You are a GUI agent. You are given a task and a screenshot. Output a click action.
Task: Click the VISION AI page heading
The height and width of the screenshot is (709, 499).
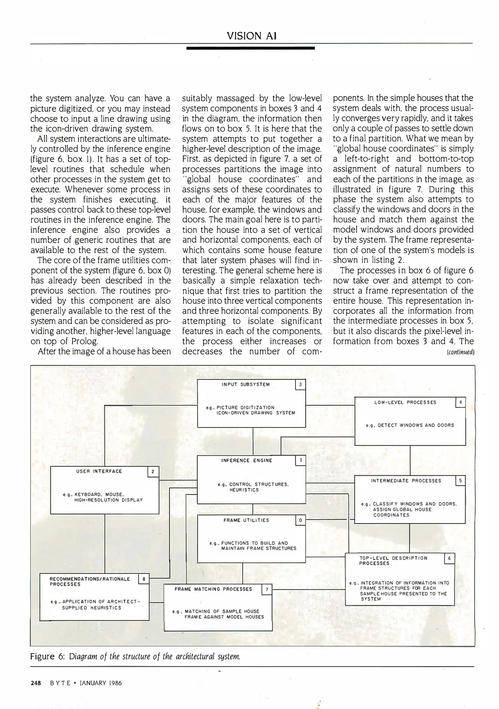pyautogui.click(x=251, y=36)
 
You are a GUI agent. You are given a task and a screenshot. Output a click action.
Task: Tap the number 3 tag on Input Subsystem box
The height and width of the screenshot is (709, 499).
pyautogui.click(x=300, y=385)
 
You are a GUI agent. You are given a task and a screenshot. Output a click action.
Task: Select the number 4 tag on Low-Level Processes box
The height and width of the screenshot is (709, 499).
pyautogui.click(x=461, y=402)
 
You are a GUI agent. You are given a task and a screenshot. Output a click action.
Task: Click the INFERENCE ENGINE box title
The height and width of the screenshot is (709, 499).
pyautogui.click(x=247, y=461)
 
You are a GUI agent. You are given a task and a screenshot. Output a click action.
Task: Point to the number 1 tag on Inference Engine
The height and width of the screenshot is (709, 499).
pyautogui.click(x=300, y=461)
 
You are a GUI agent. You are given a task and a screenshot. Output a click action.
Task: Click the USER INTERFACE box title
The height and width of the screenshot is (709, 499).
pyautogui.click(x=99, y=471)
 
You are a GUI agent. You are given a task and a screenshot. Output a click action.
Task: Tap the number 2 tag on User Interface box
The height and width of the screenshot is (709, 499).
pyautogui.click(x=153, y=472)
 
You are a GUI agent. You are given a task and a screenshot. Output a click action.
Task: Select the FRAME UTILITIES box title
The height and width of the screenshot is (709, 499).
pyautogui.click(x=246, y=520)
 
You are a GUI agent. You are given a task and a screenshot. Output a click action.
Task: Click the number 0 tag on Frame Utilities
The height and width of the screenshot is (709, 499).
pyautogui.click(x=300, y=520)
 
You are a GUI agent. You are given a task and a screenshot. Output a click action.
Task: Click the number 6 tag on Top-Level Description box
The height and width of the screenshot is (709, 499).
pyautogui.click(x=449, y=559)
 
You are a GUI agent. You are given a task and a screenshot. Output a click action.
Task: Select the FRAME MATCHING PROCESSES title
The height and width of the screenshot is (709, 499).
pyautogui.click(x=213, y=589)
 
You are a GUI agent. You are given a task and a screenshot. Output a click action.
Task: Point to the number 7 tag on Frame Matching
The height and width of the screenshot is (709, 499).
pyautogui.click(x=267, y=590)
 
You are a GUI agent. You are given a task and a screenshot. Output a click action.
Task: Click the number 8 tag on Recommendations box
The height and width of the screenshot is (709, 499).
pyautogui.click(x=144, y=579)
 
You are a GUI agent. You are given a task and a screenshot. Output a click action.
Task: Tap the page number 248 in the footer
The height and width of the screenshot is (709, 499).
pyautogui.click(x=35, y=683)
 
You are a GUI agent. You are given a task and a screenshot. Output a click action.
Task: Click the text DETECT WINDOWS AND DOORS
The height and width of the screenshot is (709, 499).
pyautogui.click(x=416, y=425)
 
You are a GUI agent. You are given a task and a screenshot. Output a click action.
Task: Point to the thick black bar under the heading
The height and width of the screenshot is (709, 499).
pyautogui.click(x=250, y=48)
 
